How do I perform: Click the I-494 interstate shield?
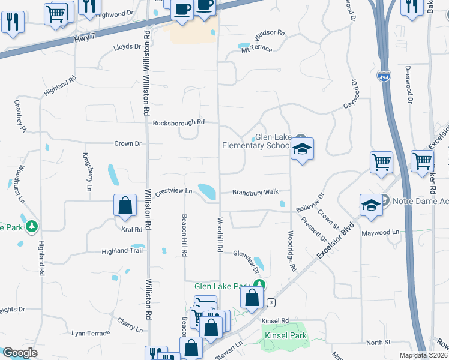coord(383,76)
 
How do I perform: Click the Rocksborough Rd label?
coord(179,122)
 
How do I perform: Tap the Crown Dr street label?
coord(128,144)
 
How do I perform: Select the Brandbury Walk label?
coord(256,192)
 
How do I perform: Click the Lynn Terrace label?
coord(91,333)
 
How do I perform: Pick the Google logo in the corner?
coord(20,353)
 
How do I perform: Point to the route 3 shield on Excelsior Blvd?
coord(271,302)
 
